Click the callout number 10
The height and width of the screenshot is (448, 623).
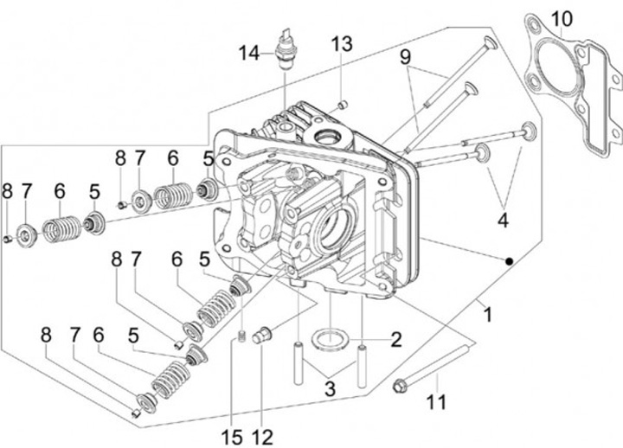[x=562, y=19]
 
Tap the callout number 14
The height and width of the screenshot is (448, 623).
[x=248, y=54]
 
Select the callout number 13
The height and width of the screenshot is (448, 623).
[x=342, y=44]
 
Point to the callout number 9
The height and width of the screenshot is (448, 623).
[x=405, y=57]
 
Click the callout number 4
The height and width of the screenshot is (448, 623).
[x=503, y=221]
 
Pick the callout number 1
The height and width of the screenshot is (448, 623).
[x=488, y=315]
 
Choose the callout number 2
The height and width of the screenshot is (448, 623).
[x=395, y=340]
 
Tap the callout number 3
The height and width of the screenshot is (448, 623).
[x=330, y=389]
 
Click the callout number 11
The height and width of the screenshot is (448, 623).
[x=436, y=401]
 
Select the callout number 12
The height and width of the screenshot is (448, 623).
[x=263, y=438]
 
